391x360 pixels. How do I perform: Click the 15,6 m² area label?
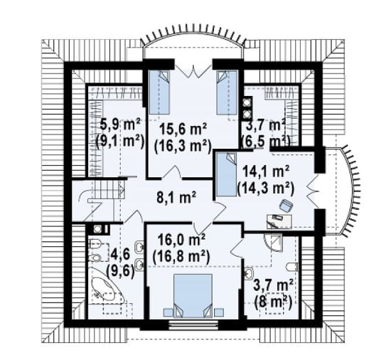pos(183,129)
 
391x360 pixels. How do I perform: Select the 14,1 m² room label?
pos(266,171)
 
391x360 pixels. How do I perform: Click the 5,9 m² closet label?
pos(120,124)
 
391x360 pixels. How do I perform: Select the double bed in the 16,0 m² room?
pos(193,296)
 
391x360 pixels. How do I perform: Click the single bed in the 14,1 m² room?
pos(226,174)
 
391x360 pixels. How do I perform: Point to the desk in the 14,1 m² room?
pos(279,221)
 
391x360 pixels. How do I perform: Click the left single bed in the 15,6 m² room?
pos(159,92)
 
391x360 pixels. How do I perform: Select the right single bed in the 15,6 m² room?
pos(226,92)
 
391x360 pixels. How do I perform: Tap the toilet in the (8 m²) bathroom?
pos(293,267)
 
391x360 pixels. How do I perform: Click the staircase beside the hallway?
pos(105,201)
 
